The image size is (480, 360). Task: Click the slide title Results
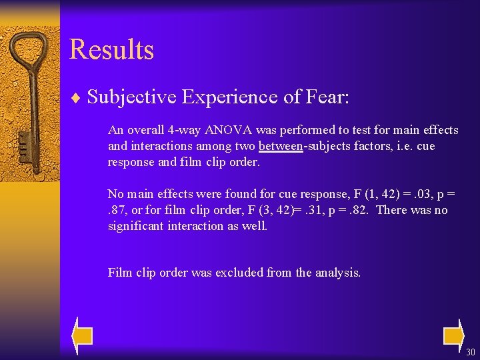(x=111, y=50)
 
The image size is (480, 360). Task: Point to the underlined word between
(x=281, y=146)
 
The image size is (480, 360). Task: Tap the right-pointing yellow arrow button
(x=453, y=334)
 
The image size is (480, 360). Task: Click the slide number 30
(x=471, y=352)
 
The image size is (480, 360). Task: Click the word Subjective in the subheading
(x=131, y=97)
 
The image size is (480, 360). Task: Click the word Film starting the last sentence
(x=119, y=272)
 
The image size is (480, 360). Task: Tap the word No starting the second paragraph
(x=116, y=194)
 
